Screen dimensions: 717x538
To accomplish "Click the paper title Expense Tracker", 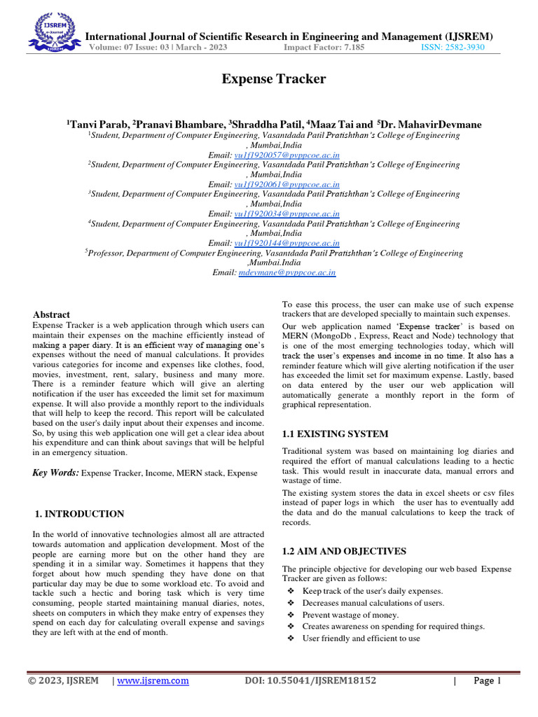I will coord(274,79).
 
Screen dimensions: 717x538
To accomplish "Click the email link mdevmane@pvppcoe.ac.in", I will coord(287,272).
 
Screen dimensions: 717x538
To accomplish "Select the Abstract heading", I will coord(52,315).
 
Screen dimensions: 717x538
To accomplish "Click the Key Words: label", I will coord(56,473).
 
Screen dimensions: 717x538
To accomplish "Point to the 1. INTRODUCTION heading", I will coord(80,514).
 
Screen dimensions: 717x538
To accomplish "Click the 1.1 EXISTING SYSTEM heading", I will coord(334,435).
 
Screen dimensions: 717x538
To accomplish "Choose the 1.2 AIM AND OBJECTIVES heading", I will coord(343,551).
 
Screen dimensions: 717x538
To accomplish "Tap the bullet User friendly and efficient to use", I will coord(361,639).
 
